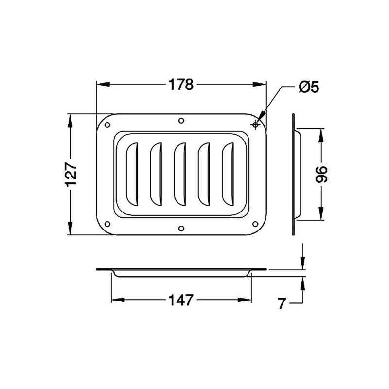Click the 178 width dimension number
[181, 85]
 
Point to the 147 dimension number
[181, 300]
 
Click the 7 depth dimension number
[282, 304]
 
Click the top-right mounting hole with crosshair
[255, 125]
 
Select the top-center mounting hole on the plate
[181, 121]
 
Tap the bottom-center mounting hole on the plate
[181, 228]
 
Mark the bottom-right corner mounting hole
[255, 224]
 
